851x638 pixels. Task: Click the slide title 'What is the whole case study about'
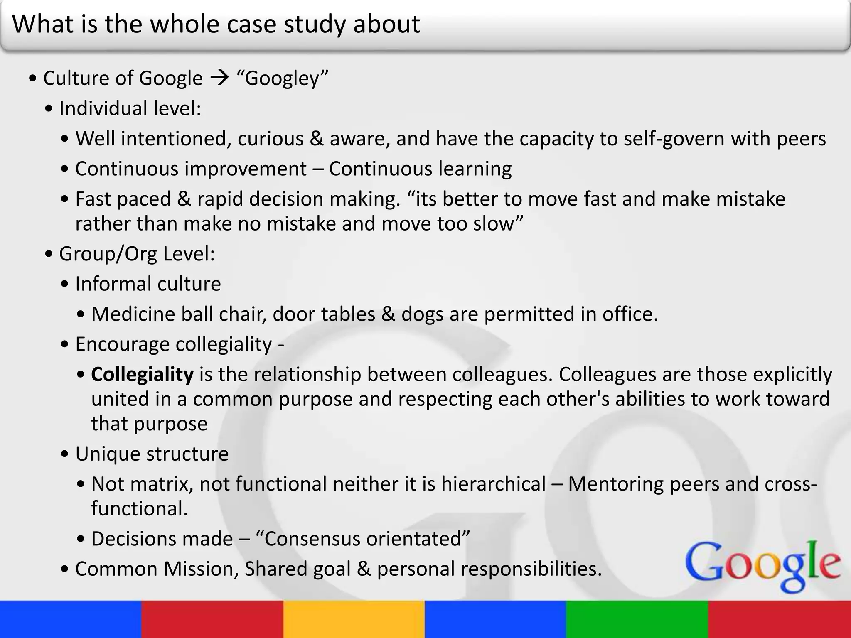pos(216,24)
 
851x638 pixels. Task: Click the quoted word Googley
pos(282,79)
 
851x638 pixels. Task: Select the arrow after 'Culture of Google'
pos(219,78)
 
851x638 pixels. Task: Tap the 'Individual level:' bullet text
pos(130,108)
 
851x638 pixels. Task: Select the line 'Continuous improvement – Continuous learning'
pos(293,169)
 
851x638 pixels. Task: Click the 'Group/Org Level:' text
pos(137,254)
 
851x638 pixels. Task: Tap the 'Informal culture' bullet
pos(148,284)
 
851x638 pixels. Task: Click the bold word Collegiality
pos(142,375)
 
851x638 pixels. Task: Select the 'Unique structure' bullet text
pos(152,454)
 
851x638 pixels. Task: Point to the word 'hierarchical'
pos(493,484)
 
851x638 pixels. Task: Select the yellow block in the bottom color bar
pos(354,619)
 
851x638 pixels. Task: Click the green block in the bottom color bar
pos(637,619)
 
